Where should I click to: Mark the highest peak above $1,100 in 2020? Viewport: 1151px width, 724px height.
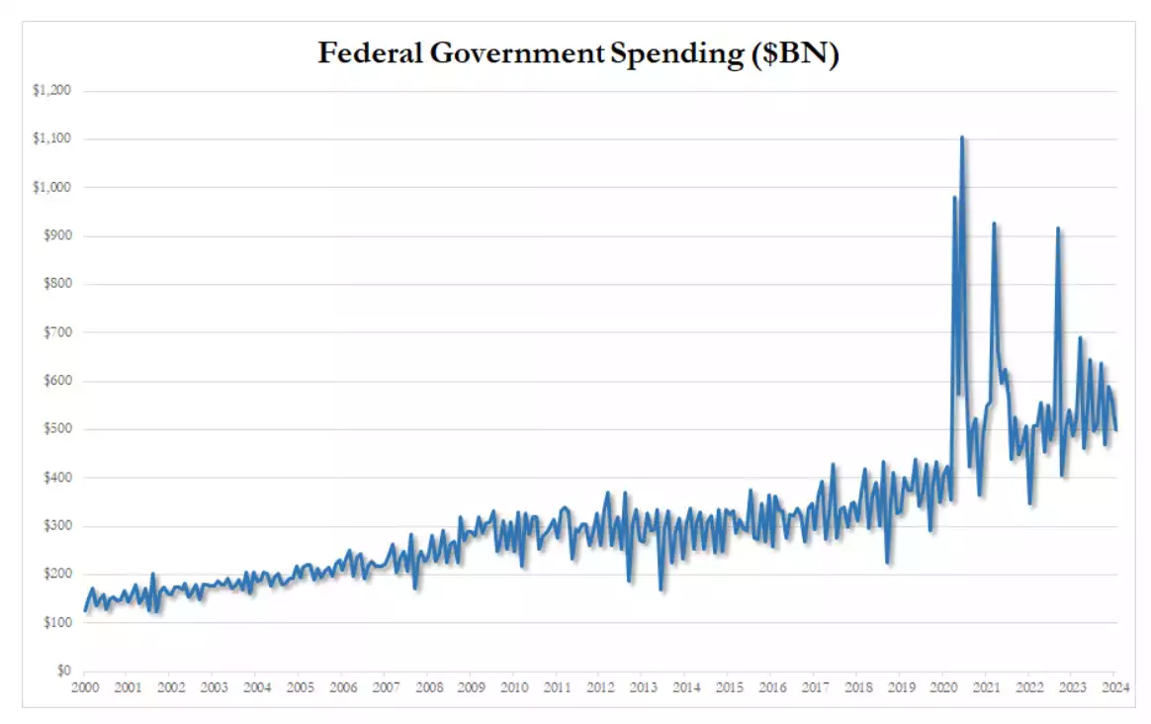[x=962, y=137]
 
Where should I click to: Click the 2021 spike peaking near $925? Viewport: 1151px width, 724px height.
[x=994, y=224]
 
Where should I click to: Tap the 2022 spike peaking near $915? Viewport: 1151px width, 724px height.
[x=1058, y=228]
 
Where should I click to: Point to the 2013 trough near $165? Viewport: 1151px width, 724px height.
[x=661, y=590]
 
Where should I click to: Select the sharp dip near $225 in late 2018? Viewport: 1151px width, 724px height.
[x=888, y=563]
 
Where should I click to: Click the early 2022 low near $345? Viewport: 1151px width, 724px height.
[x=1031, y=504]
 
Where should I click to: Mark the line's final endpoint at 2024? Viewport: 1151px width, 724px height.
[x=1116, y=429]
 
